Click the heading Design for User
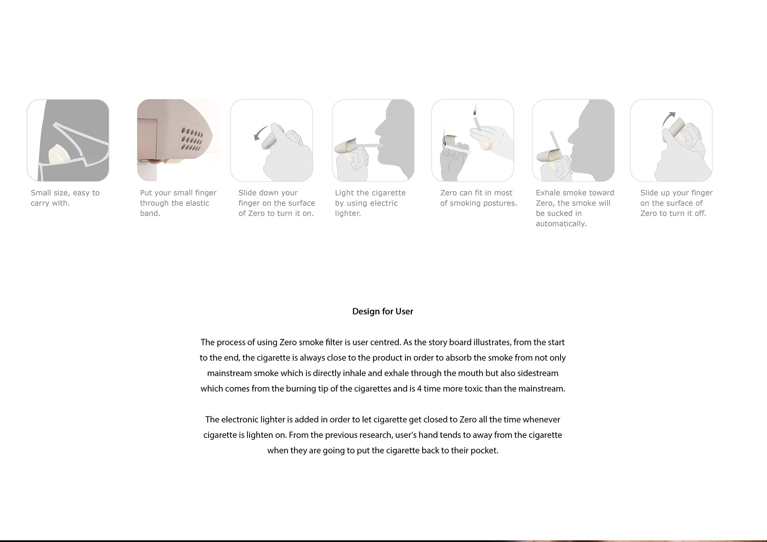(x=382, y=311)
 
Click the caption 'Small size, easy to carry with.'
(x=65, y=198)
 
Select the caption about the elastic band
(x=178, y=203)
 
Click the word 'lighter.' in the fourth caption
(x=348, y=214)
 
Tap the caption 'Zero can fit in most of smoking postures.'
(x=478, y=198)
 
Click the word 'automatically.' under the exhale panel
(x=561, y=224)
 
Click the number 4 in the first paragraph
(x=419, y=389)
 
